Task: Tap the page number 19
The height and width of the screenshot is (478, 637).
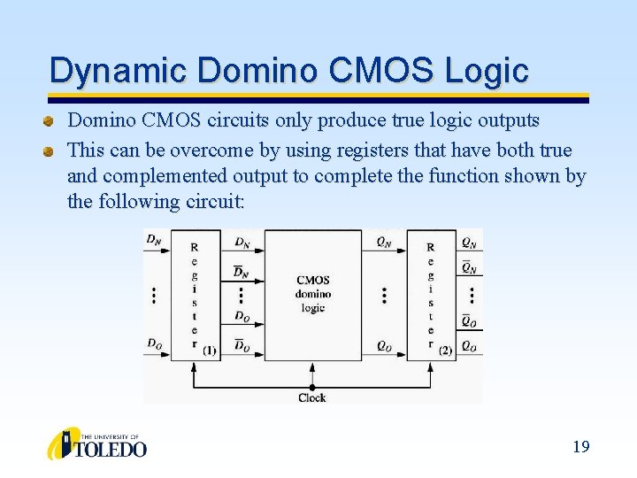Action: pos(580,446)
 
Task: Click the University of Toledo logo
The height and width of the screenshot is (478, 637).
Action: pos(97,444)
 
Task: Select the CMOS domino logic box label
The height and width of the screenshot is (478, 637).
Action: pos(312,294)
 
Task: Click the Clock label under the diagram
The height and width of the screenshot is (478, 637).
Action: pos(311,398)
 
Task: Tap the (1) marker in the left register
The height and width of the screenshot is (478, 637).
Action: pos(209,351)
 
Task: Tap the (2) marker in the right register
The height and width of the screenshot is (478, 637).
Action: pos(445,351)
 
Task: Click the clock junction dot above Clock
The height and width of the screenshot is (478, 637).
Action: pos(311,387)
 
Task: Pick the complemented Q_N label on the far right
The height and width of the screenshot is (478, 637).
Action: pos(469,267)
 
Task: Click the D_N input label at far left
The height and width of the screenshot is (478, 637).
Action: pos(154,239)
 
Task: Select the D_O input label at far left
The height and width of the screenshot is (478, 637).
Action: pos(154,343)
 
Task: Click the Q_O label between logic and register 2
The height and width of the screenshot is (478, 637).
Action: pos(384,346)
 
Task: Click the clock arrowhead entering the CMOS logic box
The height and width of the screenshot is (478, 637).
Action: pos(311,364)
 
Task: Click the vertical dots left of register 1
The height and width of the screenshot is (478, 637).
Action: pos(155,294)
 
